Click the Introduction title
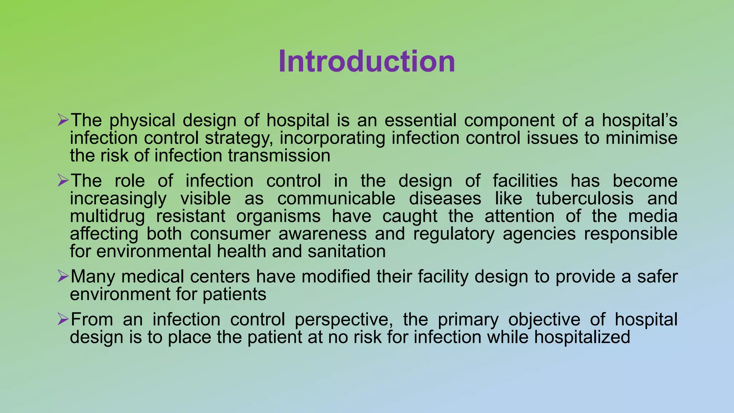pyautogui.click(x=367, y=62)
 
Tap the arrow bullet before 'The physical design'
pyautogui.click(x=63, y=120)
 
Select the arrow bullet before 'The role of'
pyautogui.click(x=63, y=180)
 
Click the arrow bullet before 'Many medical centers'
pyautogui.click(x=63, y=276)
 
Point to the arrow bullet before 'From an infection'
pyautogui.click(x=63, y=319)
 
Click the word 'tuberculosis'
pyautogui.click(x=585, y=199)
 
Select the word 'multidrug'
pyautogui.click(x=107, y=217)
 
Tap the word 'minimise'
pyautogui.click(x=642, y=138)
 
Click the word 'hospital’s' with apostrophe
pyautogui.click(x=639, y=120)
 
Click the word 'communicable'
pyautogui.click(x=336, y=199)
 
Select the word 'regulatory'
pyautogui.click(x=454, y=234)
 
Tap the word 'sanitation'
pyautogui.click(x=347, y=251)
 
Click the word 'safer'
pyautogui.click(x=657, y=277)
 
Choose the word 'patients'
pyautogui.click(x=234, y=294)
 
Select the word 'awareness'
pyautogui.click(x=323, y=234)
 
